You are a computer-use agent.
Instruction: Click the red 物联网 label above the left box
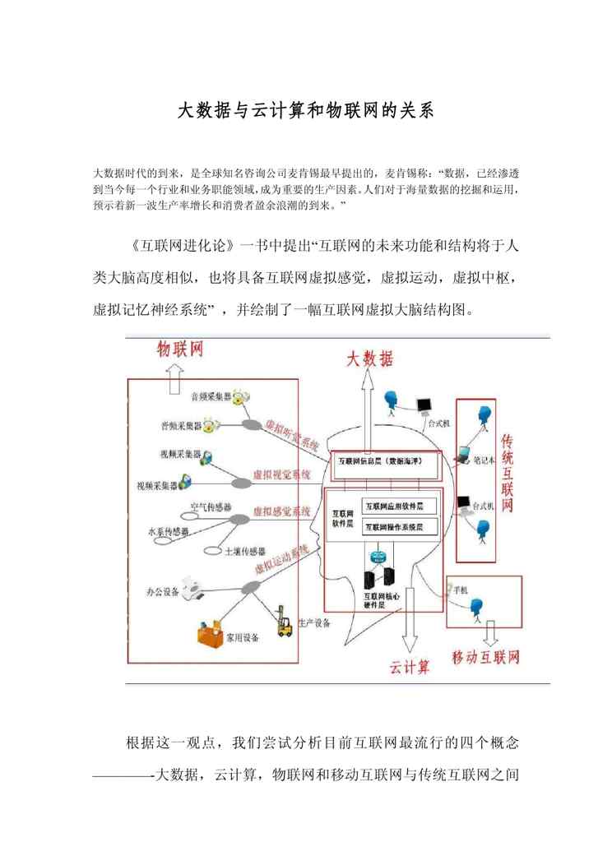pyautogui.click(x=180, y=350)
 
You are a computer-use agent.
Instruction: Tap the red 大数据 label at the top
pyautogui.click(x=370, y=358)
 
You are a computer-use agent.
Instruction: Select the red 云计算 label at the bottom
pyautogui.click(x=410, y=665)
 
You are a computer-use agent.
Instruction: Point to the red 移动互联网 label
pyautogui.click(x=486, y=658)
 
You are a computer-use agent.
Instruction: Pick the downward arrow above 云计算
pyautogui.click(x=409, y=630)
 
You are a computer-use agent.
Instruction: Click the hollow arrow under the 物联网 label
pyautogui.click(x=175, y=379)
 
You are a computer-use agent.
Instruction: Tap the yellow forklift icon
pyautogui.click(x=285, y=622)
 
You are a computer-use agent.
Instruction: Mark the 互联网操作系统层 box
pyautogui.click(x=399, y=525)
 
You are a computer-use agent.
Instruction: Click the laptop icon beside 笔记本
pyautogui.click(x=463, y=451)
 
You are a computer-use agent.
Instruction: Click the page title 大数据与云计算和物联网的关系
pyautogui.click(x=305, y=111)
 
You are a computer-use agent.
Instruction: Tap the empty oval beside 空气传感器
pyautogui.click(x=191, y=516)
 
